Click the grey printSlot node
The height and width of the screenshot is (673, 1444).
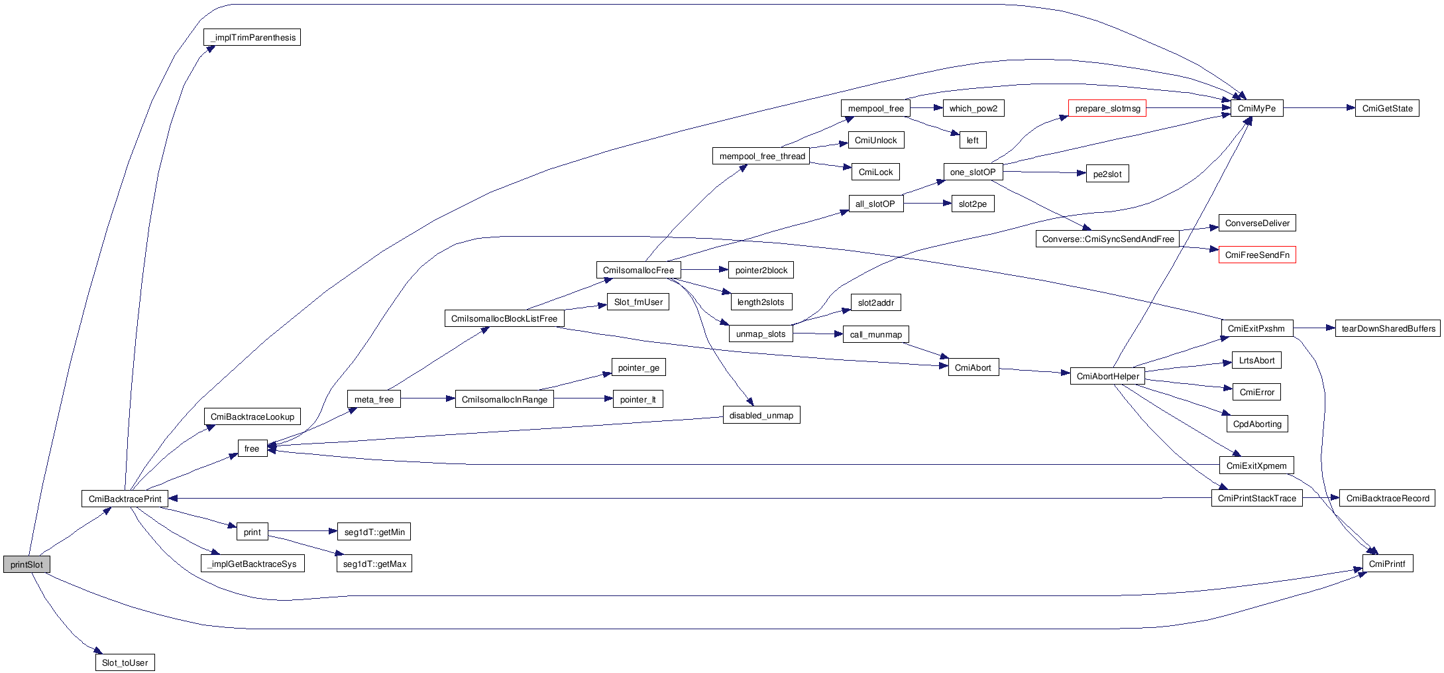(27, 564)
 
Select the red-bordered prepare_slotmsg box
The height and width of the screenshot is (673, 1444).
(1107, 108)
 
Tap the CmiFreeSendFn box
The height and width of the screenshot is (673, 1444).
(1256, 255)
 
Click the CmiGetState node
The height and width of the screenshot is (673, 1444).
(1387, 108)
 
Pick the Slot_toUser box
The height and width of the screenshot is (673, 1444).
(125, 662)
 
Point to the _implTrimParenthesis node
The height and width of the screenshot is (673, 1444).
(252, 37)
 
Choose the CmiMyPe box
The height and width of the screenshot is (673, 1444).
(1256, 108)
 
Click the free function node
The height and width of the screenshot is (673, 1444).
(252, 448)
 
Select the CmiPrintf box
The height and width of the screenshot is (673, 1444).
(1386, 564)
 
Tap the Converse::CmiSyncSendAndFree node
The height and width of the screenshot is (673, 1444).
(1107, 239)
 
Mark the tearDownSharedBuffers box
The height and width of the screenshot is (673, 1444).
(1388, 328)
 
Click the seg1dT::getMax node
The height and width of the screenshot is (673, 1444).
(374, 564)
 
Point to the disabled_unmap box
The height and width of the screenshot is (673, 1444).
(761, 415)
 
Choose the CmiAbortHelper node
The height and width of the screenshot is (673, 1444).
(1107, 376)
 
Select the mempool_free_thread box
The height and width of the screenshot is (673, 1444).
(762, 156)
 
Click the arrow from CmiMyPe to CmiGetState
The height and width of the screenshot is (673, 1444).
(1319, 108)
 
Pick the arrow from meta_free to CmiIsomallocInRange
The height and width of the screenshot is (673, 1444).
(427, 398)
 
